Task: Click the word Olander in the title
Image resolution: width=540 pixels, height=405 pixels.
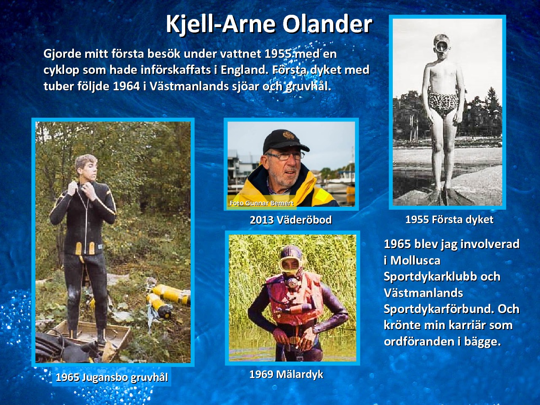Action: (327, 24)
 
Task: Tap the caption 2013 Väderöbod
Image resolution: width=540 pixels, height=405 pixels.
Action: (291, 220)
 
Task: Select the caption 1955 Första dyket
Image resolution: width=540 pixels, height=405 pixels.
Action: (449, 220)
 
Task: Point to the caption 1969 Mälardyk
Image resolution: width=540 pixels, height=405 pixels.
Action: (286, 375)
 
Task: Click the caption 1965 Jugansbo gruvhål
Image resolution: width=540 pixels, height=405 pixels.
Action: (112, 378)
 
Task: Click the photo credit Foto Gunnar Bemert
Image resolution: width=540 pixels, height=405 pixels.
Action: (262, 203)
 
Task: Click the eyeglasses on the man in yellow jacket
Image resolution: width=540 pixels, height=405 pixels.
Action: (286, 156)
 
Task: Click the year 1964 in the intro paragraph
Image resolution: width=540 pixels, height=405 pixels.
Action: (126, 86)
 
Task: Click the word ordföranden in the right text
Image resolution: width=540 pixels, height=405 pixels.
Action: (421, 342)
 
